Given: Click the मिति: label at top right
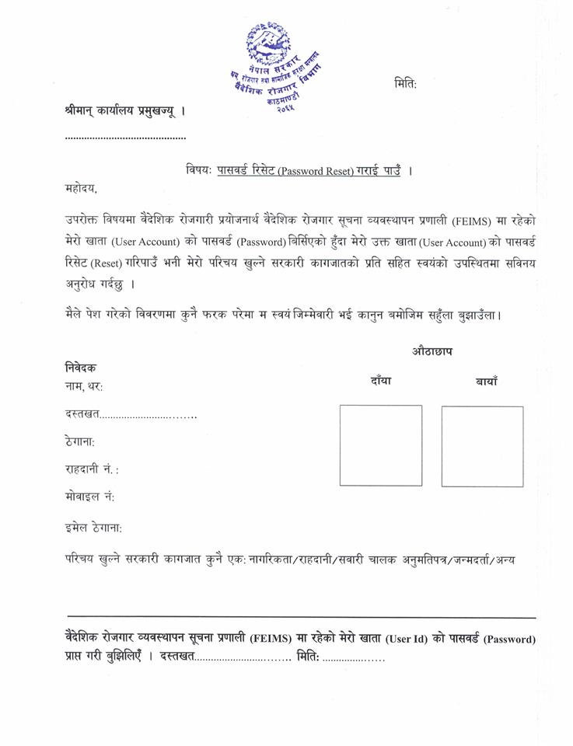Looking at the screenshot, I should pos(405,84).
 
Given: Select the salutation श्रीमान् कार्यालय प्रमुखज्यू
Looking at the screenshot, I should pos(125,111).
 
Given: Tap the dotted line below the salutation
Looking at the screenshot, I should pos(125,138).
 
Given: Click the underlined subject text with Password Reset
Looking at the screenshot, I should pos(309,170).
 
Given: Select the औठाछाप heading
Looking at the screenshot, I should pos(432,351).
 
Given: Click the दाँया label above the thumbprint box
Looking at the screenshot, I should pos(381,381).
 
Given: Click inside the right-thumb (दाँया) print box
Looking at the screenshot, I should pos(381,445).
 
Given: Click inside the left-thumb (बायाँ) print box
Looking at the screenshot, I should pos(482,446).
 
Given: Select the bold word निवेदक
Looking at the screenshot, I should pos(81,368).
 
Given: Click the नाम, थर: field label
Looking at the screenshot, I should pos(84,386).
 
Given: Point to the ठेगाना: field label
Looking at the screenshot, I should pos(80,441).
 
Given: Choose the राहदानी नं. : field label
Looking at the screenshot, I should pos(92,469).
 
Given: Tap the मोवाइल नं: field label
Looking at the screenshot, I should pos(89,497).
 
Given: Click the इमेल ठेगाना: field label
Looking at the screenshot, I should pos(93,528).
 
